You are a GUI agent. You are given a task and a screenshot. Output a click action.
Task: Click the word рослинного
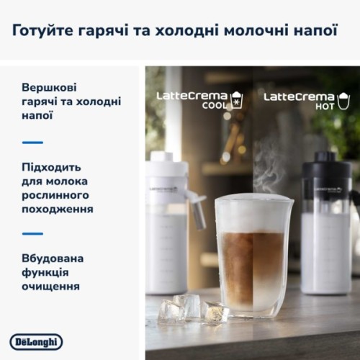tap(54, 195)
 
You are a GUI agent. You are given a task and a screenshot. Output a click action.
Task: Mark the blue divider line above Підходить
tap(32, 142)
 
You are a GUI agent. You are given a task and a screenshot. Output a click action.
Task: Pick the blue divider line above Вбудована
tap(32, 233)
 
